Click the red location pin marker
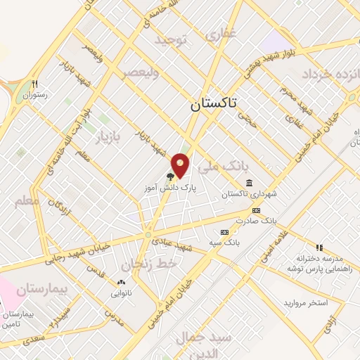(181, 165)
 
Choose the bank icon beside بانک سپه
(224, 232)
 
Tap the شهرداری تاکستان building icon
(250, 183)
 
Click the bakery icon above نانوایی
(120, 283)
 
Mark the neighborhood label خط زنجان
(146, 264)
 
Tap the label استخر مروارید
(306, 303)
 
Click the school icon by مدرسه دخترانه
(319, 247)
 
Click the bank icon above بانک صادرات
(255, 210)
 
